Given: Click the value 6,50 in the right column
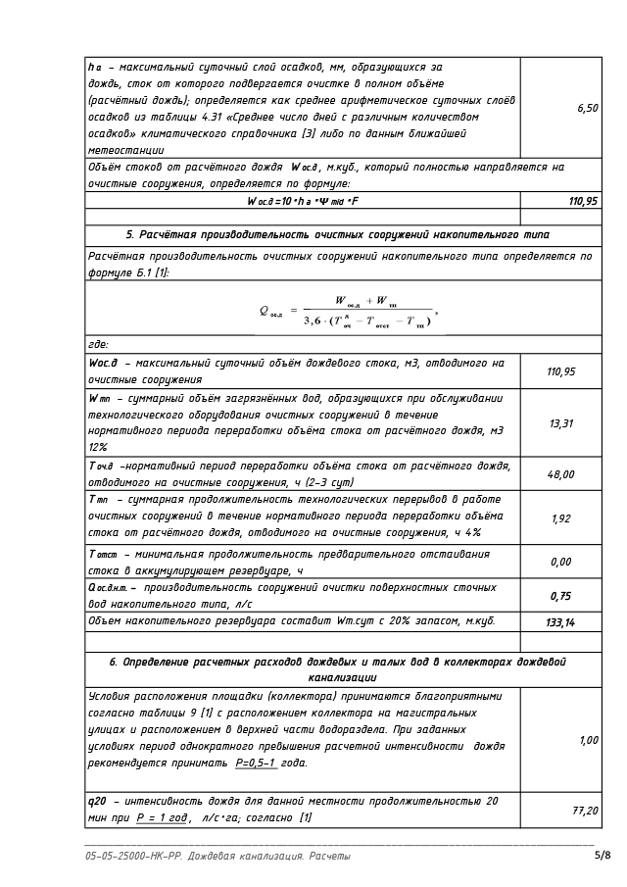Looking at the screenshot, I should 588,108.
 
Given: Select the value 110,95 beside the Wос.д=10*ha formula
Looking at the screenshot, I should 584,201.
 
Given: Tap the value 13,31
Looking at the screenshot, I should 560,423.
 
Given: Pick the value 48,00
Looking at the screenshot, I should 560,474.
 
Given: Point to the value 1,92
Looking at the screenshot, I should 560,518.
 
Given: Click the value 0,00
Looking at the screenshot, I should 560,562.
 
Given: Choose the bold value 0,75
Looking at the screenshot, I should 560,596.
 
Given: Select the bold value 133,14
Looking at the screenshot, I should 559,621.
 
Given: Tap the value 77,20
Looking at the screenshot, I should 585,811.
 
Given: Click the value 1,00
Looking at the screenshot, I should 588,740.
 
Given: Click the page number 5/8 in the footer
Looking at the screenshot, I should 603,856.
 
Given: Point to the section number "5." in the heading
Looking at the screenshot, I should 130,235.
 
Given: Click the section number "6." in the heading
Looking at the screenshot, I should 114,662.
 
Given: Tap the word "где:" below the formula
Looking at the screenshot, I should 98,344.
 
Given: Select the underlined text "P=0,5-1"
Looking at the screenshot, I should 256,763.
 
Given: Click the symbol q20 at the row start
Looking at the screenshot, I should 97,802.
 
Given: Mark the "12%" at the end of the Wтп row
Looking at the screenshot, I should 98,446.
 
